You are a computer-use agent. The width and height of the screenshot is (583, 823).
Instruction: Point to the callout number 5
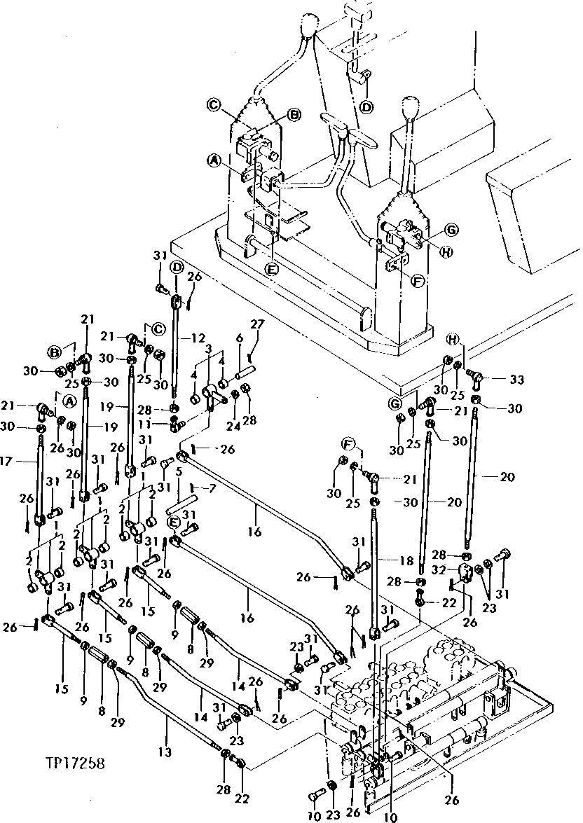click(179, 471)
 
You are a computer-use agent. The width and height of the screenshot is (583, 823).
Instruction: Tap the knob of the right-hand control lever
click(410, 110)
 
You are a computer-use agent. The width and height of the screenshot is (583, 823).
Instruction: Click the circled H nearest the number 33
click(454, 340)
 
